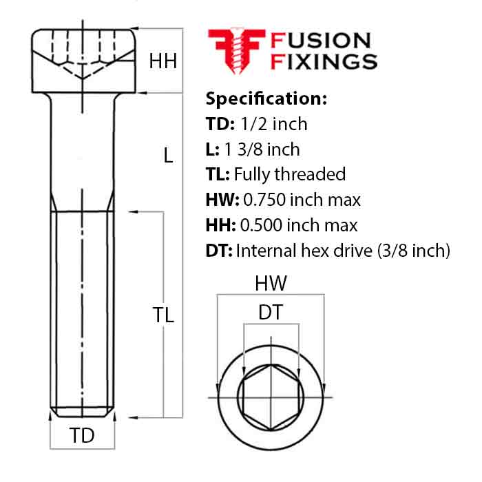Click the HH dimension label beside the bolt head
pos(163,61)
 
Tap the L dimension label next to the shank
pos(168,155)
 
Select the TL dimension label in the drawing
pos(163,315)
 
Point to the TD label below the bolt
pos(82,435)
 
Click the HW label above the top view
pos(271,283)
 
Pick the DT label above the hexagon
pos(271,312)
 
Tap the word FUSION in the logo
pos(321,41)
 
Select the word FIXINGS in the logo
pos(324,61)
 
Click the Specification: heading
pos(266,98)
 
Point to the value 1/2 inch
pos(273,124)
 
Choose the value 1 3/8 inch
pos(262,149)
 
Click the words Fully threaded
pos(290,174)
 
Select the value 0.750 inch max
pos(302,200)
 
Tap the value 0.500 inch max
pos(299,225)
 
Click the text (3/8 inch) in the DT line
pos(414,251)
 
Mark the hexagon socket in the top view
pos(271,397)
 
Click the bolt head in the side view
pos(83,61)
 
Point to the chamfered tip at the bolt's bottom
pos(83,412)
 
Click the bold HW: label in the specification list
pos(222,200)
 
